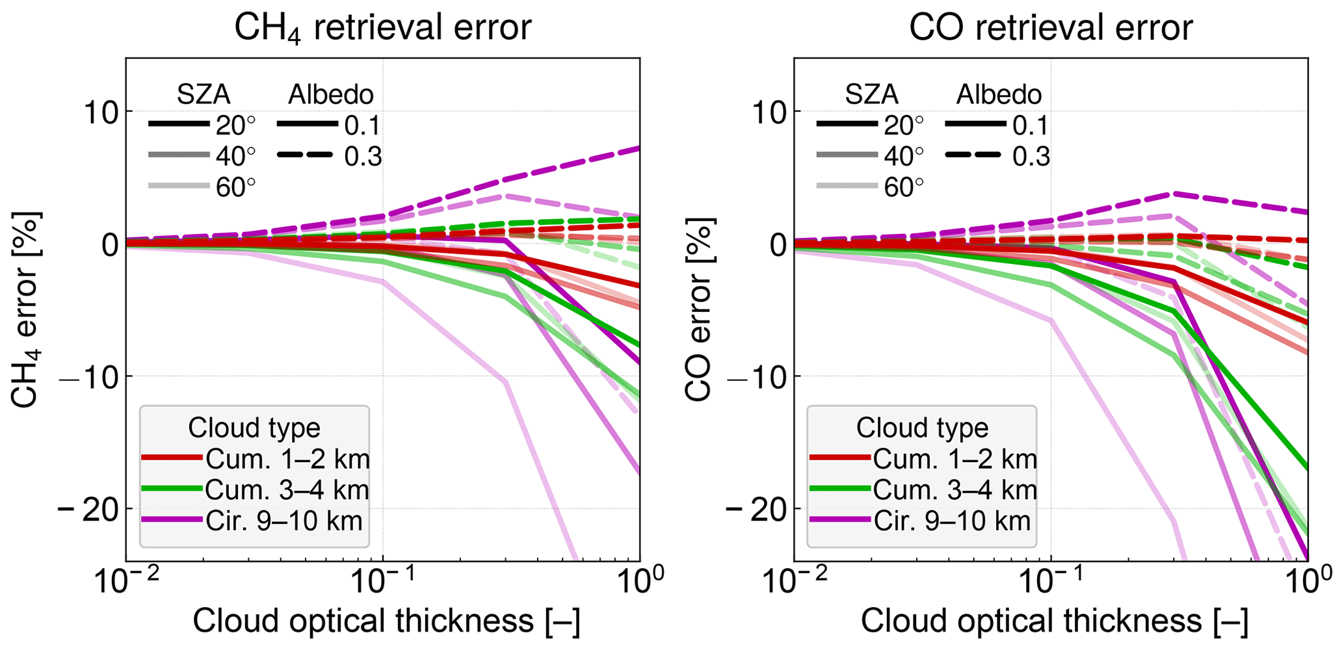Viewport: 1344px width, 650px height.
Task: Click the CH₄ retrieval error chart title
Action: (382, 29)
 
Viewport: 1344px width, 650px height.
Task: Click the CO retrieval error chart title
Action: (1051, 29)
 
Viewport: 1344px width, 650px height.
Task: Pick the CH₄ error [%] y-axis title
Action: (26, 309)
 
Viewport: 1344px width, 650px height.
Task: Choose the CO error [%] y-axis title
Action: (698, 309)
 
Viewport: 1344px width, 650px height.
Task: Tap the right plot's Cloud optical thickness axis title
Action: (1055, 621)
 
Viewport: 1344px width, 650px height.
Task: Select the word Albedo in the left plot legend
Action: (331, 95)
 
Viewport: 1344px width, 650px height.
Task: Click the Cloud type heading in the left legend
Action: (254, 428)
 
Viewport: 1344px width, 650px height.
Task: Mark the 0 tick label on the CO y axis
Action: (774, 245)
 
